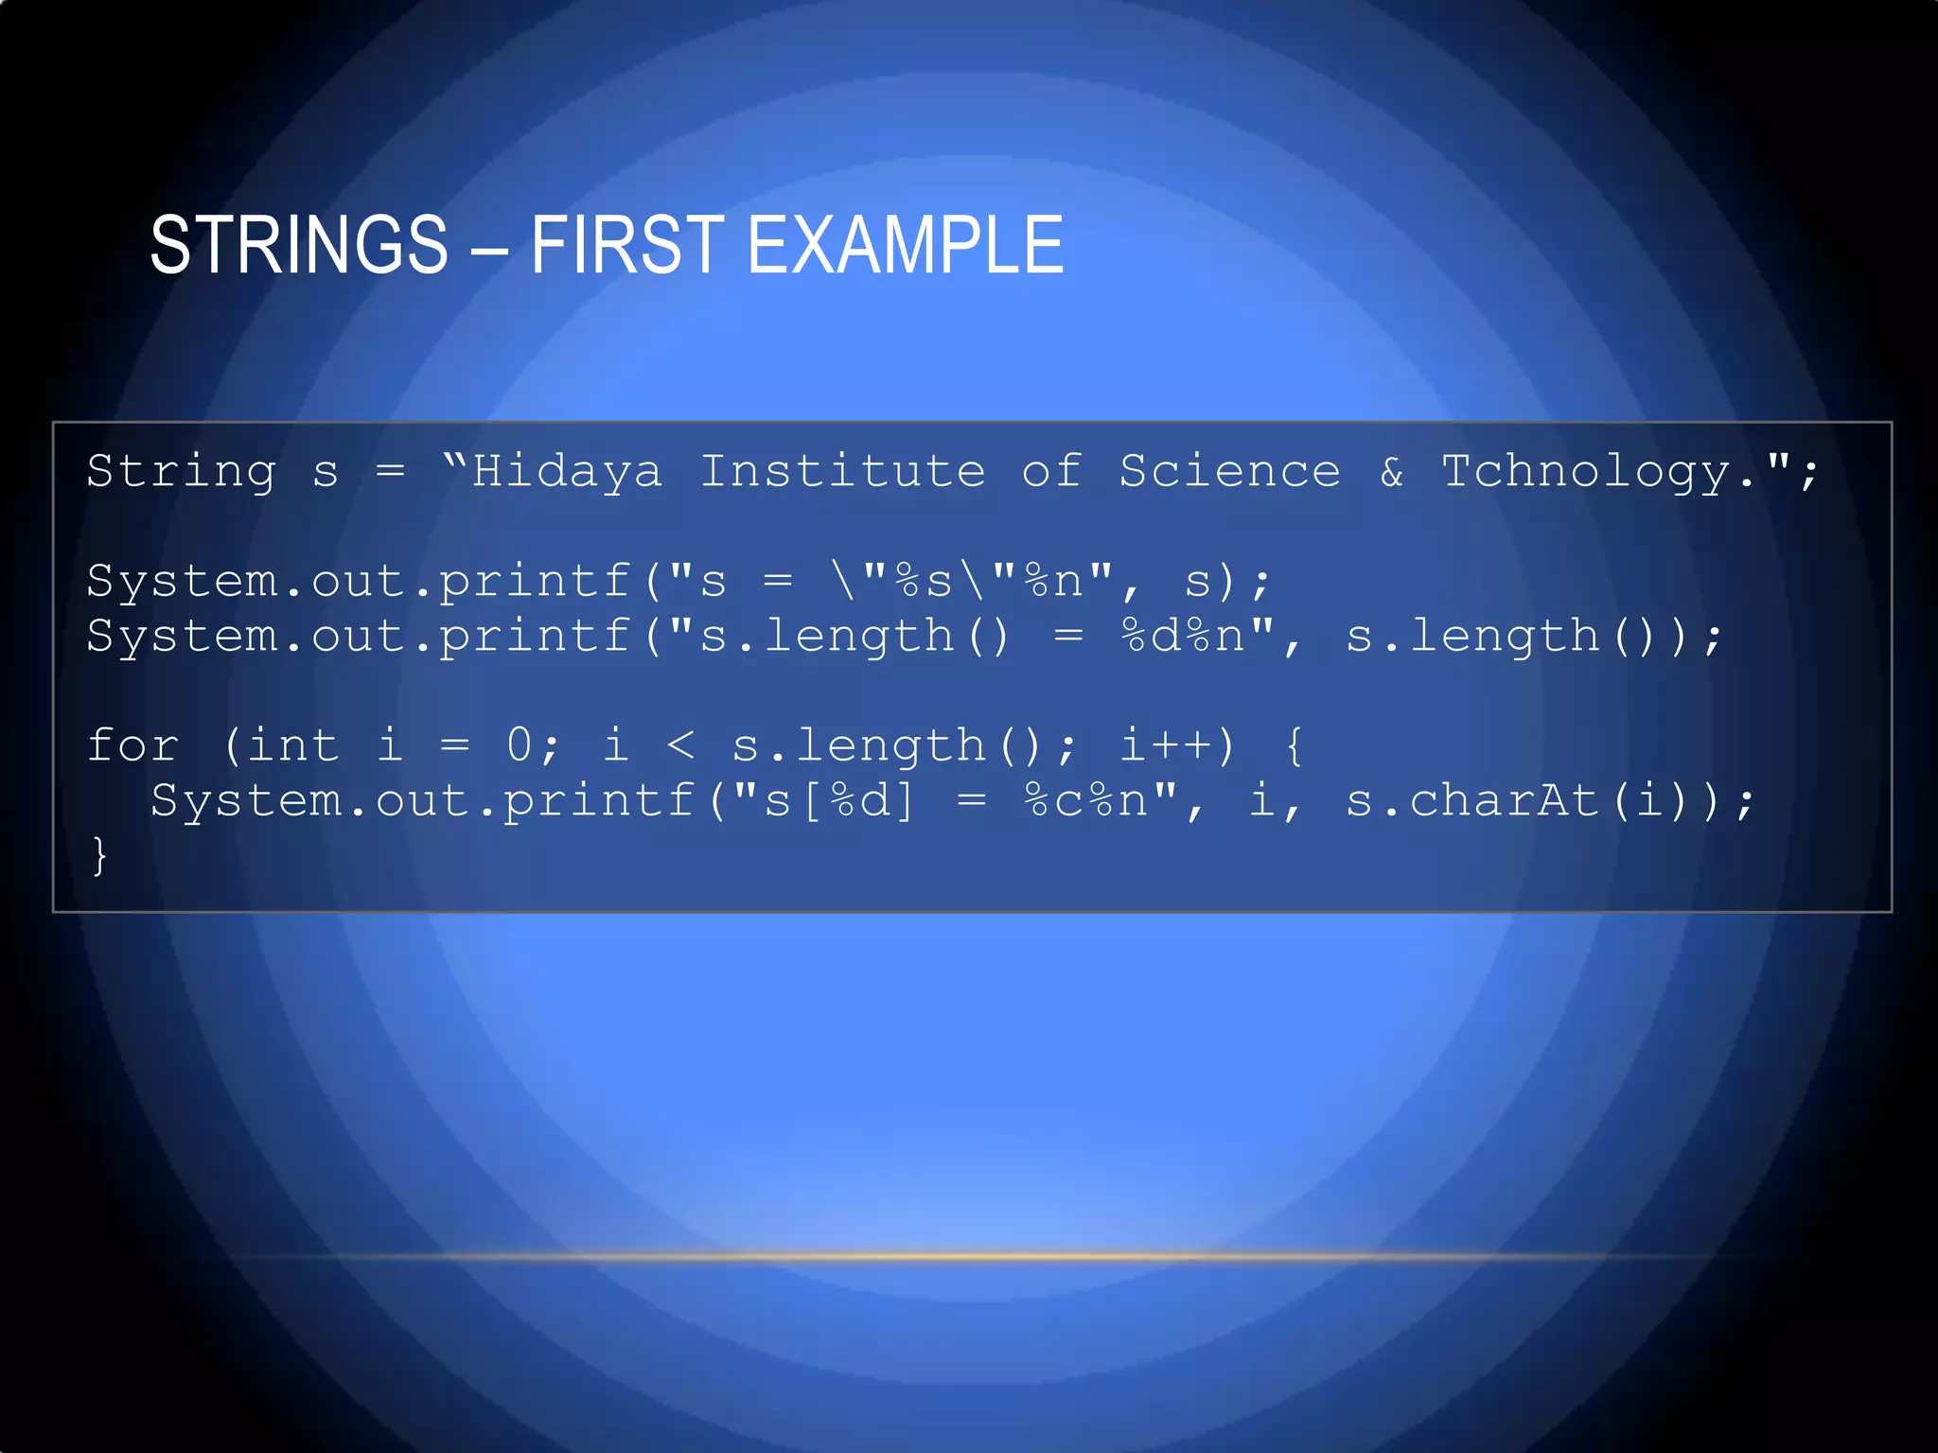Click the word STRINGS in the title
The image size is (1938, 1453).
click(299, 245)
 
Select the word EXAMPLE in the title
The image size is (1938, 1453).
click(906, 245)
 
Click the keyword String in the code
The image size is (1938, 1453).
click(182, 471)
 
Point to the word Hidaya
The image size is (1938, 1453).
click(567, 471)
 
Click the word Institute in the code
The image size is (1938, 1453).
click(842, 471)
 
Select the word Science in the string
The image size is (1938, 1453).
click(1229, 471)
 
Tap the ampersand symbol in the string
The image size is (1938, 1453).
click(1391, 471)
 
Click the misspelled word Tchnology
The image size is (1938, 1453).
click(1585, 471)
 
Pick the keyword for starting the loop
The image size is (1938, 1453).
click(132, 745)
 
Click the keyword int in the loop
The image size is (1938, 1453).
click(292, 745)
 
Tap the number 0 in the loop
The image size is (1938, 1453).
click(520, 745)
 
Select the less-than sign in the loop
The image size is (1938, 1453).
click(680, 745)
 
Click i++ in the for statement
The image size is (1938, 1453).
click(1166, 745)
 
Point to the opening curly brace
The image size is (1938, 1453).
click(1295, 745)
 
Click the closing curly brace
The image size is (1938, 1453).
click(99, 855)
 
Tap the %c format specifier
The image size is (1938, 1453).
click(1053, 800)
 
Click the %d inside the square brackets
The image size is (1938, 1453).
click(860, 800)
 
